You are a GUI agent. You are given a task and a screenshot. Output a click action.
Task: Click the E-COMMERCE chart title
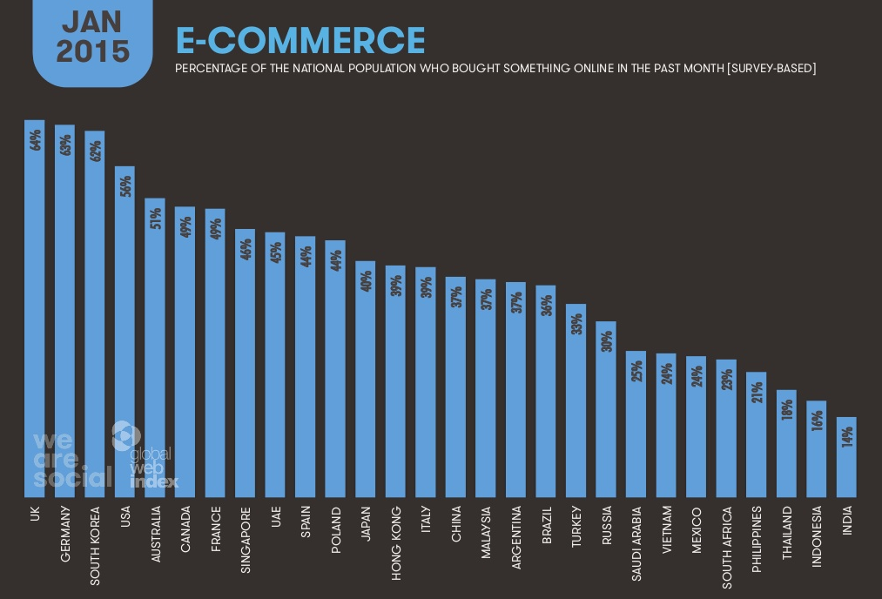[300, 40]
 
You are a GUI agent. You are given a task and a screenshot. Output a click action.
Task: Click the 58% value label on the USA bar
[125, 185]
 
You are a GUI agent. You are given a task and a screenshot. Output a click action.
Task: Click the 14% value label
[847, 436]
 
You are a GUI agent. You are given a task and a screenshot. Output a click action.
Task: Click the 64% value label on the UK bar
[36, 139]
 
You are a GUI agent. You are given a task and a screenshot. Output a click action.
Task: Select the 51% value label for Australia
[155, 218]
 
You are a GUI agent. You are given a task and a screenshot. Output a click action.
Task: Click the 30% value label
[607, 340]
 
